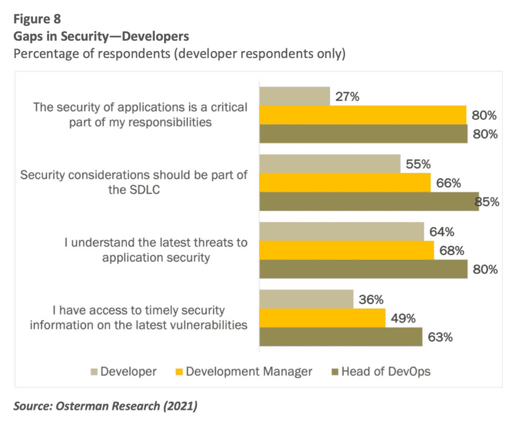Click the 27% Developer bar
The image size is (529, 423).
294,96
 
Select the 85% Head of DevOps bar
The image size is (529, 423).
369,202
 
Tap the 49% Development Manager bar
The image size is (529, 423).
322,318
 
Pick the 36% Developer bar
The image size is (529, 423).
306,299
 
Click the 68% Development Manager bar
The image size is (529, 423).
346,250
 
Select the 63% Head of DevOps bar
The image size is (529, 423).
341,337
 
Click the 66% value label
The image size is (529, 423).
449,182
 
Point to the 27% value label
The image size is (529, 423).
346,96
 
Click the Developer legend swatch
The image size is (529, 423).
94,371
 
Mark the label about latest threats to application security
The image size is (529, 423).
156,250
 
